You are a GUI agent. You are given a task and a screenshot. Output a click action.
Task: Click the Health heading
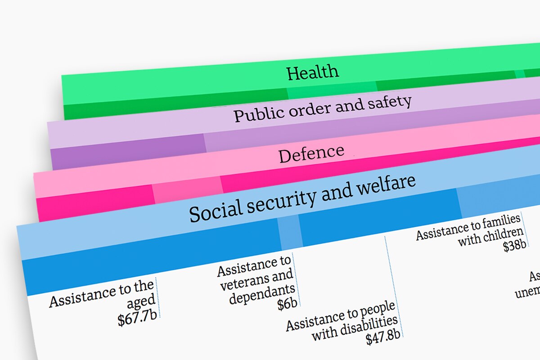point(313,72)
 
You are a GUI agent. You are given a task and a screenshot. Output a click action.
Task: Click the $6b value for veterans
point(287,304)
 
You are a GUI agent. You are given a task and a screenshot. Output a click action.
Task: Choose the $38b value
point(514,245)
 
